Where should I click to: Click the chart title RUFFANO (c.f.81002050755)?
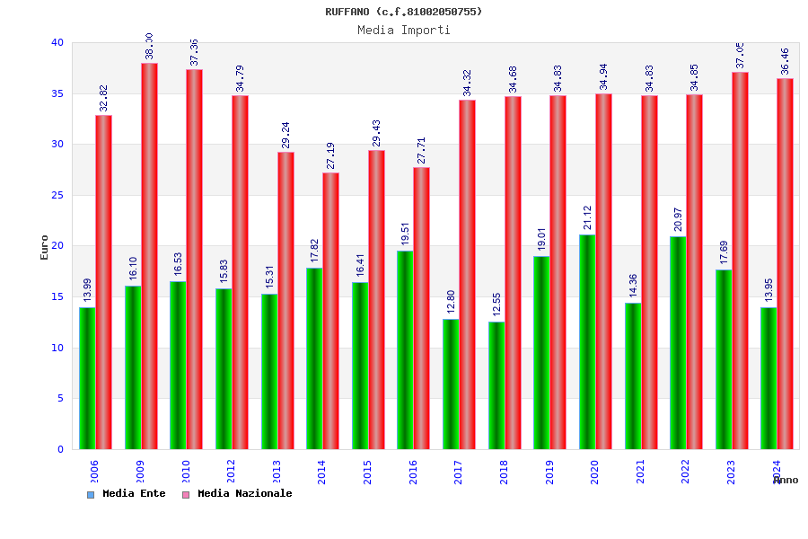pos(404,12)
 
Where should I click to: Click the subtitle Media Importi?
pos(404,30)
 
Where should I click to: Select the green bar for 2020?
pos(586,341)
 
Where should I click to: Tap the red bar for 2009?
pos(149,256)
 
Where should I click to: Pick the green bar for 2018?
pos(496,385)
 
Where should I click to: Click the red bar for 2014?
pos(330,311)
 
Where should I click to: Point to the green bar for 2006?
pos(87,378)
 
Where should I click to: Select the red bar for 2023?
pos(740,261)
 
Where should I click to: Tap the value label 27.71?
pos(421,151)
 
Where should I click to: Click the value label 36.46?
pos(785,62)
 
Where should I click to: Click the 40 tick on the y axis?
pos(57,42)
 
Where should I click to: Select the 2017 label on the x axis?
pos(459,473)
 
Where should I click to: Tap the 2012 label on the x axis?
pos(232,473)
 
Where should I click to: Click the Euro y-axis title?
pos(45,247)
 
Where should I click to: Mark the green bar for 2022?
pos(677,342)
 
